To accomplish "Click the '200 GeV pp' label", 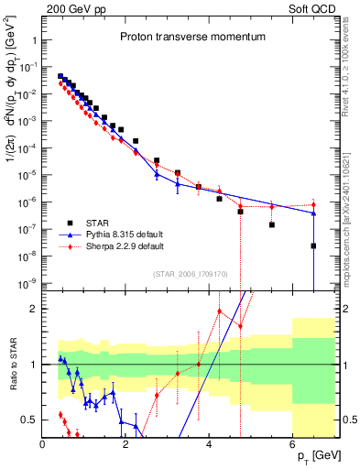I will coord(71,7).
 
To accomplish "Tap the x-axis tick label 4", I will coord(209,445).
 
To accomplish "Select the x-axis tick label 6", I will coord(292,445).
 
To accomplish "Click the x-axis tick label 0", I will coord(43,445).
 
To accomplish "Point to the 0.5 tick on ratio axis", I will coord(29,420).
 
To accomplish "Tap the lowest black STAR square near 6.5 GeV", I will coord(313,245).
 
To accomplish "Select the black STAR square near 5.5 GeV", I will coord(272,224).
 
